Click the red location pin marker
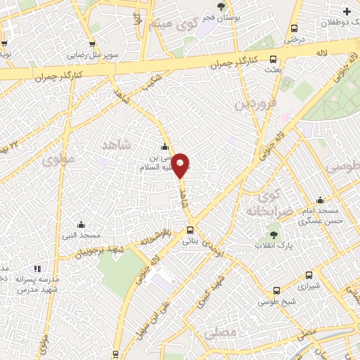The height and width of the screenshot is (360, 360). click(181, 165)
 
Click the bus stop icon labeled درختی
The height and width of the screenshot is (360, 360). click(294, 28)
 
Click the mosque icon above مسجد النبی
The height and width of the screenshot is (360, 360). click(81, 224)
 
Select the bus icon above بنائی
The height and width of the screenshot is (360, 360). click(190, 230)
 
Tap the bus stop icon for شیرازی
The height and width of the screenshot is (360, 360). click(309, 276)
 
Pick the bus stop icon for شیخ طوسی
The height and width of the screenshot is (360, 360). click(276, 290)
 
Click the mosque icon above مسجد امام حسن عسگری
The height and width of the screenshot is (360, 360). click(320, 200)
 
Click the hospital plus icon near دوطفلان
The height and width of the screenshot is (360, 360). click(347, 11)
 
